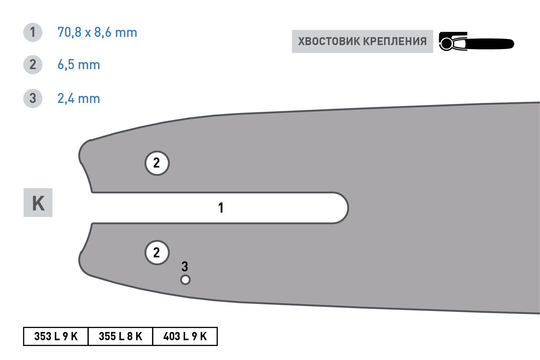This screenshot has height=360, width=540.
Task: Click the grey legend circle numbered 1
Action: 33,32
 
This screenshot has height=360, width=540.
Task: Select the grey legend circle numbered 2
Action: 33,65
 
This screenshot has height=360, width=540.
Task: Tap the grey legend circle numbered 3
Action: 33,98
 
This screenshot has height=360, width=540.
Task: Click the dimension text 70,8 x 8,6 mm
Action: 97,33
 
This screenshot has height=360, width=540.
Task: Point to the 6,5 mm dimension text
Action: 79,65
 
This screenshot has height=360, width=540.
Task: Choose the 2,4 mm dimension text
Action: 79,99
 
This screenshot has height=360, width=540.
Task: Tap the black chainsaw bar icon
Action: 476,41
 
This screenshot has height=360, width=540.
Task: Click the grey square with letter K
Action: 38,203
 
